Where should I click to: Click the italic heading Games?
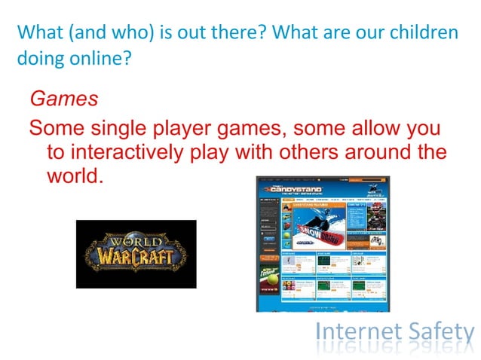point(63,98)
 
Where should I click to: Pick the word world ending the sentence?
point(72,178)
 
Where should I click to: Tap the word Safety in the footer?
point(438,332)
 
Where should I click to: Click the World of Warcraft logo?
point(136,254)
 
